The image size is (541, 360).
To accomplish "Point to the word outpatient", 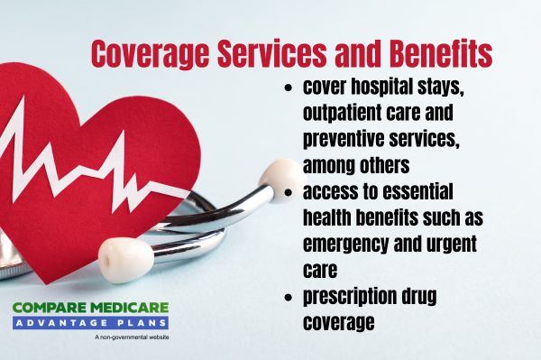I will tap(342, 115).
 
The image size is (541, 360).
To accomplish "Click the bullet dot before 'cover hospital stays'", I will tap(289, 92).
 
